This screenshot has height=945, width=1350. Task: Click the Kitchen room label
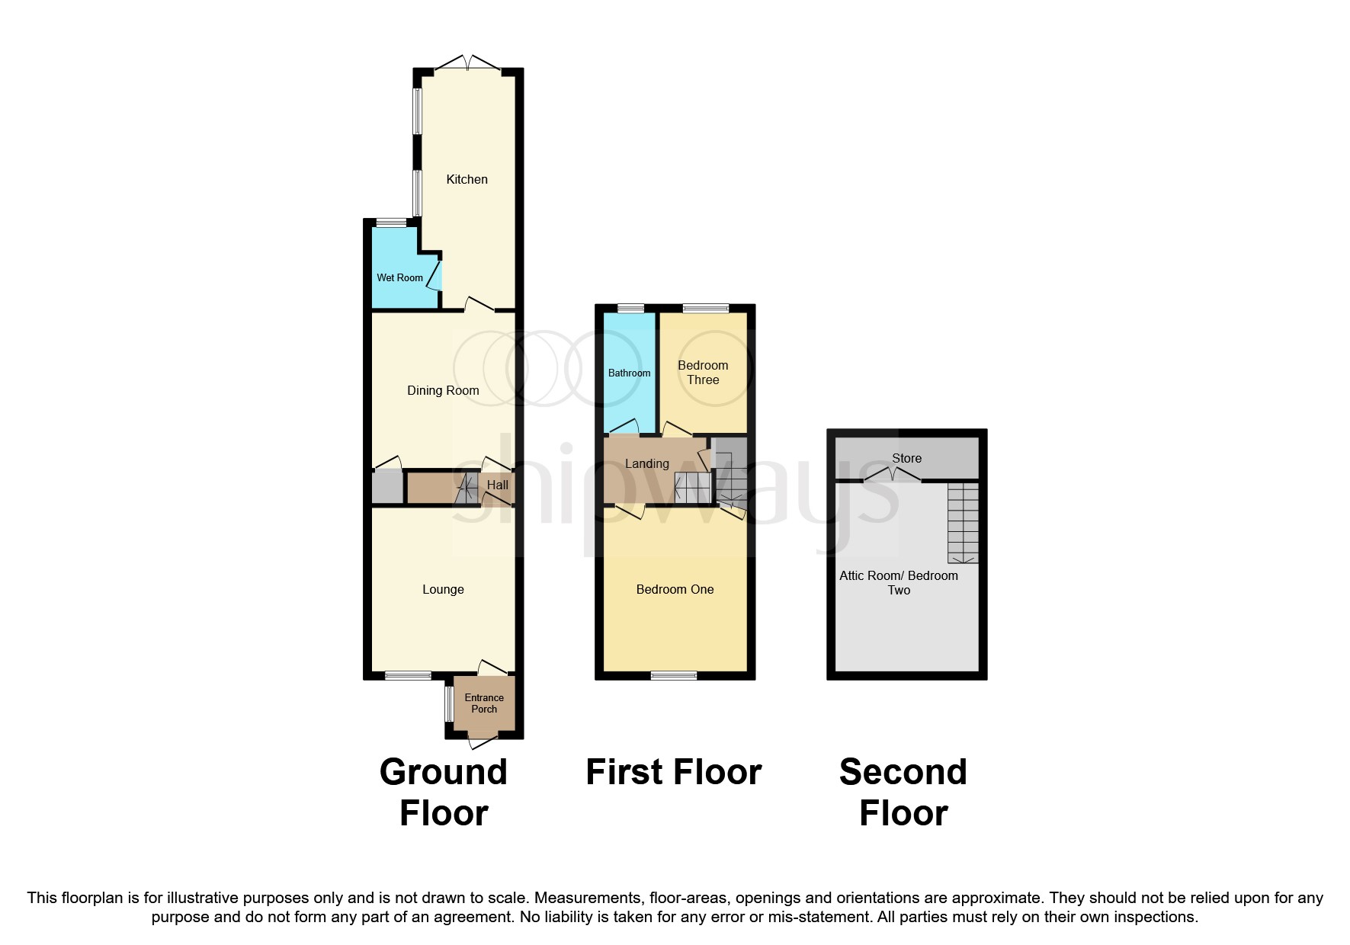pos(467,179)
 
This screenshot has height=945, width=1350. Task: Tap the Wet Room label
pos(399,277)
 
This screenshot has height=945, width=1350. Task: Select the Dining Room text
pos(443,390)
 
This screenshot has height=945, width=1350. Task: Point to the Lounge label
pos(443,589)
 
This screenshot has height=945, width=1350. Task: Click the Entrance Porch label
pos(484,703)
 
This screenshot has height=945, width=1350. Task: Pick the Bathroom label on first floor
pos(629,373)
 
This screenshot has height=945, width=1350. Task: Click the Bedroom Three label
pos(703,372)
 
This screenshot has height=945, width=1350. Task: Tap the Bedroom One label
pos(675,589)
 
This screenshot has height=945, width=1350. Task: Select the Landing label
pos(646,463)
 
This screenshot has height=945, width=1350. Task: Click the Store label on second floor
pos(906,458)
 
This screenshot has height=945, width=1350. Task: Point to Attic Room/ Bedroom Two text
pos(899,582)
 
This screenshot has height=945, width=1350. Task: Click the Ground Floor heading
pos(444,792)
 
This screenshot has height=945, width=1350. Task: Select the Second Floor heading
pos(903,792)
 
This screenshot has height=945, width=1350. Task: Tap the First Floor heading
pos(673,772)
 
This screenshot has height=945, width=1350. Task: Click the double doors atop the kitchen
pos(467,64)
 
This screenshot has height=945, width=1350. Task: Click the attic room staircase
pos(963,523)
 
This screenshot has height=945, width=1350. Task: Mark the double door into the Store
pos(892,476)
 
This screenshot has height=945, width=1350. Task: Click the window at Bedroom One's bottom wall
pos(673,675)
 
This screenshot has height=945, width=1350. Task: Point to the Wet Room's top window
pos(391,223)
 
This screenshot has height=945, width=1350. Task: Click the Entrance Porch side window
pos(449,703)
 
